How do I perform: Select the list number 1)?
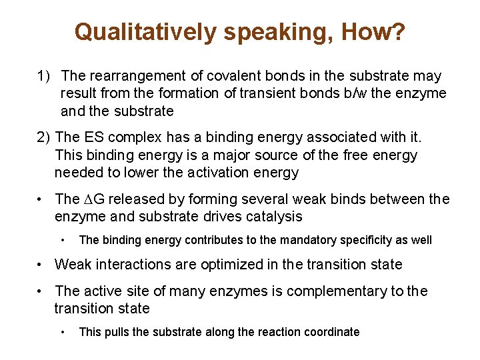45,77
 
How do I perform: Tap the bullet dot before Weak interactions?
41,265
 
